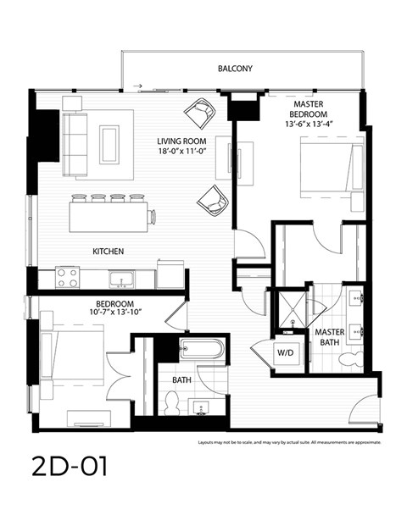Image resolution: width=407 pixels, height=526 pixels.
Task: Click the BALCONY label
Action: click(235, 68)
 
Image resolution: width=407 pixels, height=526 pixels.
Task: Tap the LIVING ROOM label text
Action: click(181, 141)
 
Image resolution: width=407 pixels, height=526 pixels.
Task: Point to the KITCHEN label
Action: click(109, 252)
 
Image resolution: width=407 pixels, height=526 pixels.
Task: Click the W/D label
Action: click(285, 353)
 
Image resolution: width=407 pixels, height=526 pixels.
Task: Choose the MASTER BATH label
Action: click(329, 337)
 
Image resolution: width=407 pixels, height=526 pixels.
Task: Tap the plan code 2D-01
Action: click(71, 467)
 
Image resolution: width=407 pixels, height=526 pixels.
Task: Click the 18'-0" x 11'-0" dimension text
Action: click(181, 152)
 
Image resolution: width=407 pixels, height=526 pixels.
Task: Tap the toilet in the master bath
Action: click(349, 359)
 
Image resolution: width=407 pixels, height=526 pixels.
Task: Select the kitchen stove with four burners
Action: click(67, 277)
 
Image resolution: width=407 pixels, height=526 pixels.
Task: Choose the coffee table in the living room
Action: click(109, 144)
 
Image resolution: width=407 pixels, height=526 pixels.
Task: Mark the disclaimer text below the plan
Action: click(289, 442)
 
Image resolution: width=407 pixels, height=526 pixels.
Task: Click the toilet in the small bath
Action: click(172, 403)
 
